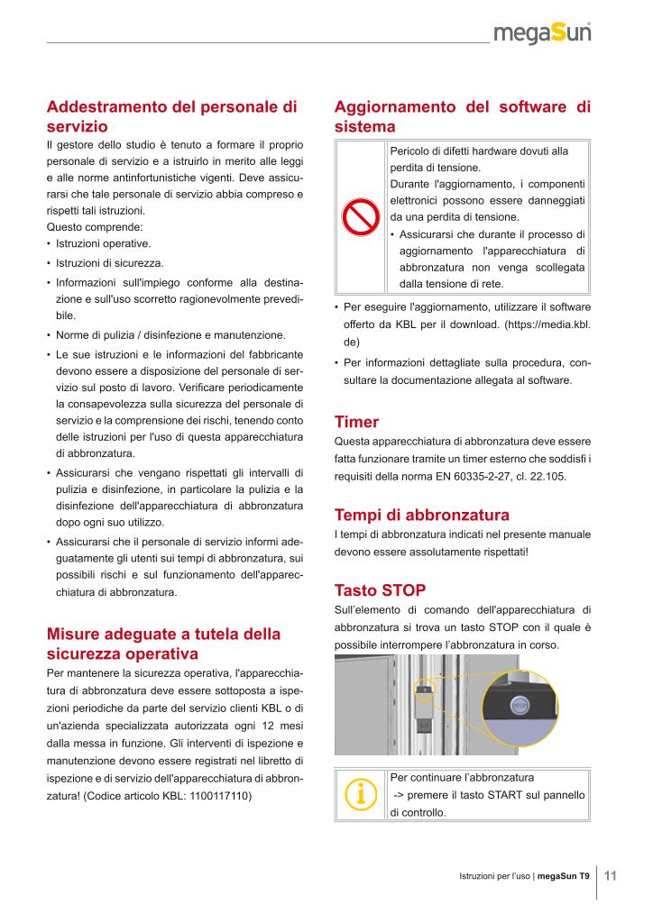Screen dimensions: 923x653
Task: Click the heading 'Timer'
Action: [356, 422]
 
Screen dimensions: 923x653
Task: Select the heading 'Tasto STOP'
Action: [380, 590]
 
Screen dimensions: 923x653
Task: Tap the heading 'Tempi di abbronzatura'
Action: [421, 515]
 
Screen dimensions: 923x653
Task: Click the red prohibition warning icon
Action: [360, 216]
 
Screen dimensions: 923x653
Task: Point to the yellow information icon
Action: [360, 794]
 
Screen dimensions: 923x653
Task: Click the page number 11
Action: [610, 875]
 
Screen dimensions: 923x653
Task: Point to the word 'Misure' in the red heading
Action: [75, 634]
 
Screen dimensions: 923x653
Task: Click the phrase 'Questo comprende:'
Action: [87, 226]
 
